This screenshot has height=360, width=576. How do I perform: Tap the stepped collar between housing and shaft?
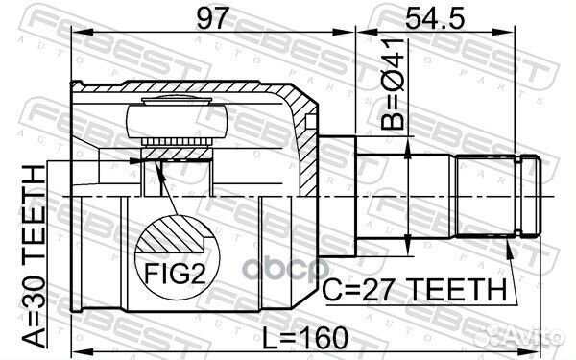coord(338,196)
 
